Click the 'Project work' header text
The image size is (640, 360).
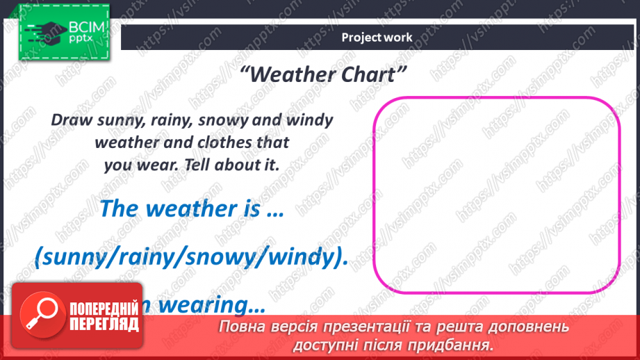point(377,38)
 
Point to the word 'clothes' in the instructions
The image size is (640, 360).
point(204,142)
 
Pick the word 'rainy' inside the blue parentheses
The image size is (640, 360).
point(148,257)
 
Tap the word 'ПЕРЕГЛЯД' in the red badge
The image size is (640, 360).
point(104,324)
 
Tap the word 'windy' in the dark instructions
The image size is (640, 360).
point(306,120)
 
